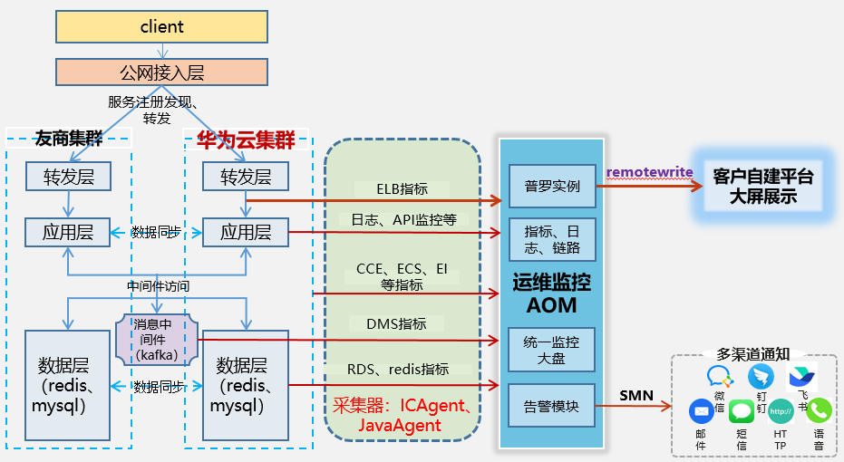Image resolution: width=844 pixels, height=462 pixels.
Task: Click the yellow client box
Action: click(x=161, y=27)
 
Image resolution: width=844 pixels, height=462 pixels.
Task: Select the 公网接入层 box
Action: click(x=161, y=72)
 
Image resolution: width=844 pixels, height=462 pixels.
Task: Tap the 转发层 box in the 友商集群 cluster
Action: click(x=68, y=176)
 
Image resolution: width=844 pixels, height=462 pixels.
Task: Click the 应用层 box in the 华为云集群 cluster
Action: click(x=246, y=232)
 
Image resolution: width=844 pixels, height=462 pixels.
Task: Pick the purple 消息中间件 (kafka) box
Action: click(x=156, y=339)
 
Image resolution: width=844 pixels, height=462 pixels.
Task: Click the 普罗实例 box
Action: click(x=551, y=188)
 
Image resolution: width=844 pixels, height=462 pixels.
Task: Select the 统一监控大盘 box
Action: click(x=551, y=350)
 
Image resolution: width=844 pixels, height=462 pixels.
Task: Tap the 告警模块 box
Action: click(x=551, y=407)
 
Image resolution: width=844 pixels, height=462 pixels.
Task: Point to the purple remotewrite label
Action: click(x=650, y=172)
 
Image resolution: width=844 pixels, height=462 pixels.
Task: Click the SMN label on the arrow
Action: click(x=635, y=395)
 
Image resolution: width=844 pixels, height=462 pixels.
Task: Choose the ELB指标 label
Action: click(x=402, y=189)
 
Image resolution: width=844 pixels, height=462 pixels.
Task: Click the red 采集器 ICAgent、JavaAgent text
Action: click(x=401, y=414)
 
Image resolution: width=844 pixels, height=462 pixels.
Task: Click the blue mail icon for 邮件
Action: click(x=701, y=411)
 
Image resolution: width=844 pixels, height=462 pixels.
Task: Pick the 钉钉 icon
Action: click(x=761, y=376)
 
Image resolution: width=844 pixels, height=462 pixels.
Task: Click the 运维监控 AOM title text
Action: click(x=551, y=294)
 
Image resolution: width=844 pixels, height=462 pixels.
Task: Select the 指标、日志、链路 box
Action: click(x=551, y=240)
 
